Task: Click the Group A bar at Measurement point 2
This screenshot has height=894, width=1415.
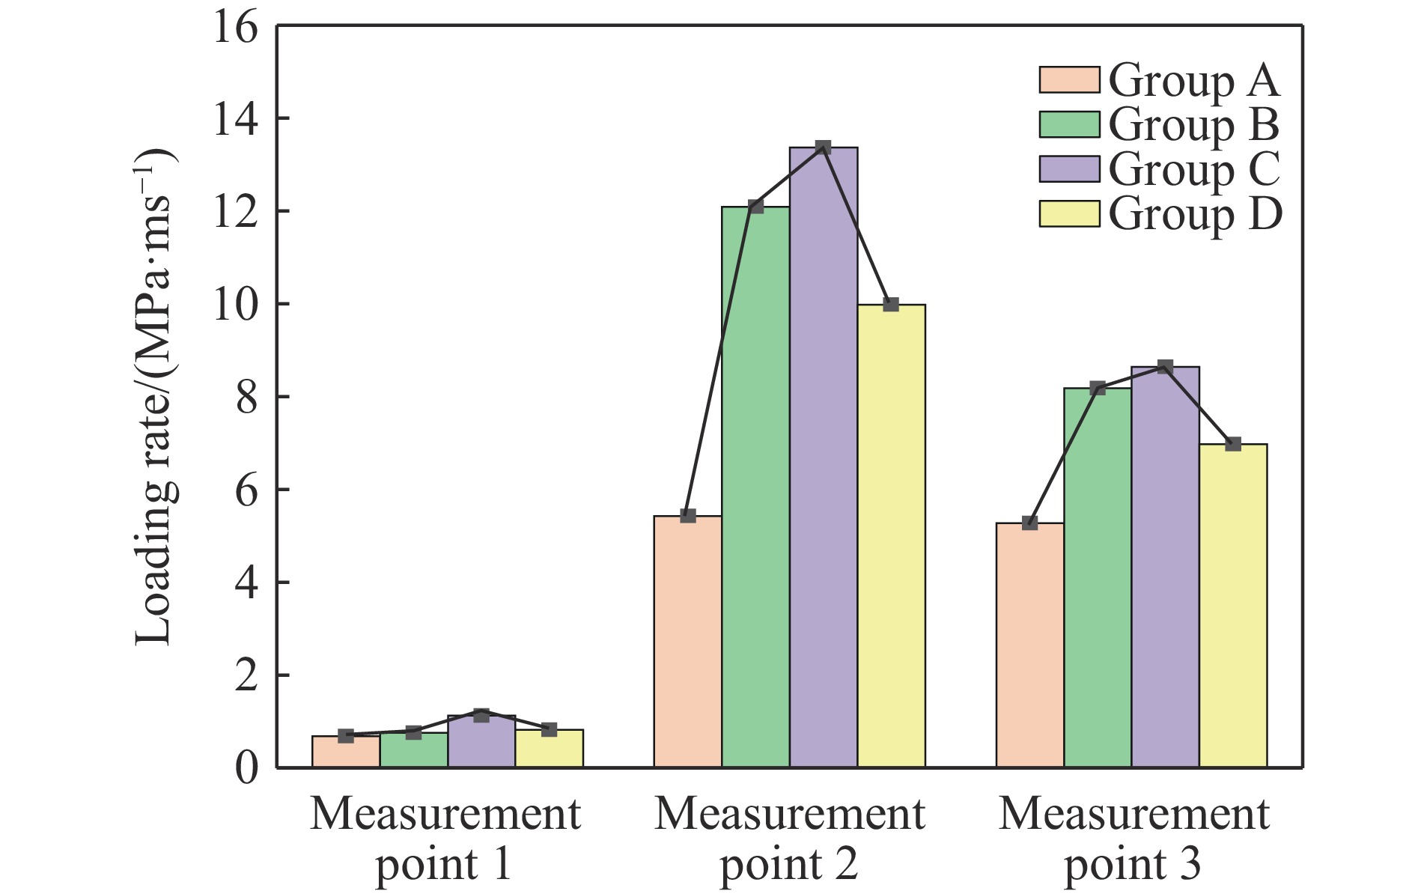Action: click(x=687, y=642)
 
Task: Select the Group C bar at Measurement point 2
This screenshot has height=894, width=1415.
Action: click(x=823, y=457)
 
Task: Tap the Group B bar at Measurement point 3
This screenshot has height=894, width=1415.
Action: click(x=1097, y=577)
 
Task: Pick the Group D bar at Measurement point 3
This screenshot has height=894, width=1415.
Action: click(x=1232, y=606)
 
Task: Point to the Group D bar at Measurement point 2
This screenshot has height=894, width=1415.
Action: click(x=891, y=536)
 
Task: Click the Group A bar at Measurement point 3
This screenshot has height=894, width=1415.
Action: click(x=1029, y=645)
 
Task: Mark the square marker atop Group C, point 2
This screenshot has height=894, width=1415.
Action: click(x=823, y=148)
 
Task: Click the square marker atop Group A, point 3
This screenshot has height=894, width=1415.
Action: click(x=1029, y=523)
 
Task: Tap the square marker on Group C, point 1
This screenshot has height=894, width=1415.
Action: click(x=481, y=715)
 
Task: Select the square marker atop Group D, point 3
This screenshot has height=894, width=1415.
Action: click(x=1232, y=444)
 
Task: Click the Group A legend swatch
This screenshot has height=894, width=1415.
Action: click(x=1069, y=80)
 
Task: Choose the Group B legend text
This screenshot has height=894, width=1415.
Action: click(x=1193, y=125)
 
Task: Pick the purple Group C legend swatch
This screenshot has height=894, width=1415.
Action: click(x=1069, y=169)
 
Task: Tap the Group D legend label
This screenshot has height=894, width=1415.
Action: click(x=1195, y=215)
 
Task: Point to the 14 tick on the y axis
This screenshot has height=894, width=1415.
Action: click(x=236, y=119)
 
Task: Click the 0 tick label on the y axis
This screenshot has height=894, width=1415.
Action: click(x=246, y=768)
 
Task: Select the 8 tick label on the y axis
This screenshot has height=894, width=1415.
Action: click(x=246, y=398)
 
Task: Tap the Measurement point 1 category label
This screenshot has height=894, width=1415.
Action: click(x=445, y=839)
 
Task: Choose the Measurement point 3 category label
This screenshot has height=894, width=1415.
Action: click(x=1133, y=839)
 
